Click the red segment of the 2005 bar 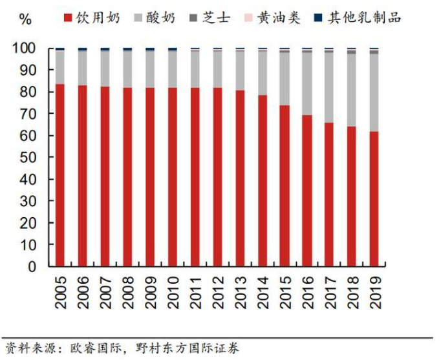click(x=59, y=175)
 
